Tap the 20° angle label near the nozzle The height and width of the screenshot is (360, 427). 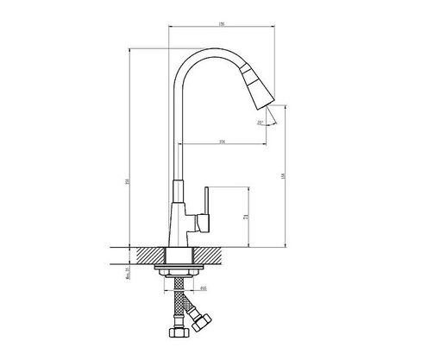(261, 123)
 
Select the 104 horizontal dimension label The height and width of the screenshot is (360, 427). (222, 141)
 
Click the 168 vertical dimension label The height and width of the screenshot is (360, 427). (286, 177)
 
